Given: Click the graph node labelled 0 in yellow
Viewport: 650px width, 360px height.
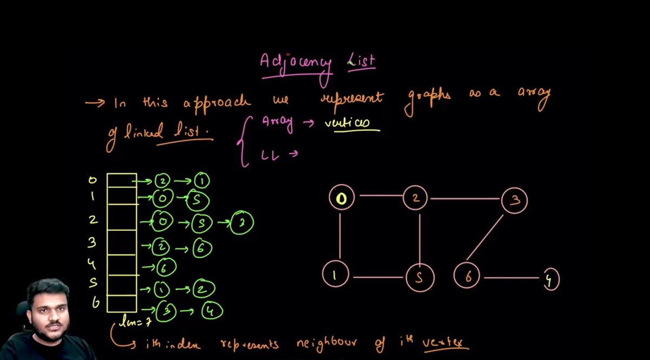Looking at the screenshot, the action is tap(341, 199).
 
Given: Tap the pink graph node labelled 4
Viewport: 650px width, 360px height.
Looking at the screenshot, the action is tap(551, 280).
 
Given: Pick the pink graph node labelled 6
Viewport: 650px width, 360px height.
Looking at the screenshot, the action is tap(468, 277).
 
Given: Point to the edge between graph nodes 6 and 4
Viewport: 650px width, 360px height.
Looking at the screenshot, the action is tap(512, 278).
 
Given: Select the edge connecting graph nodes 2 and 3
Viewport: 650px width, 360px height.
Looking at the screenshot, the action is tap(464, 199).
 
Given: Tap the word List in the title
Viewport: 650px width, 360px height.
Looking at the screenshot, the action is tap(361, 61).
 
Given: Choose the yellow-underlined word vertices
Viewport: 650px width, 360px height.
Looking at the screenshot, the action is tap(347, 123).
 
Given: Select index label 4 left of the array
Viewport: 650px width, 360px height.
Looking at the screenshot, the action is tap(92, 265).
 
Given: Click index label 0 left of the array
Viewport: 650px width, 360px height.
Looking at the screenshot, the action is tap(92, 180).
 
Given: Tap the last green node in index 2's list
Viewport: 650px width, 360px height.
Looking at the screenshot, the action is tap(242, 222).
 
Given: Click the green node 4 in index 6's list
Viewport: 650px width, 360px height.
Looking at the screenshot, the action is tap(212, 311).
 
